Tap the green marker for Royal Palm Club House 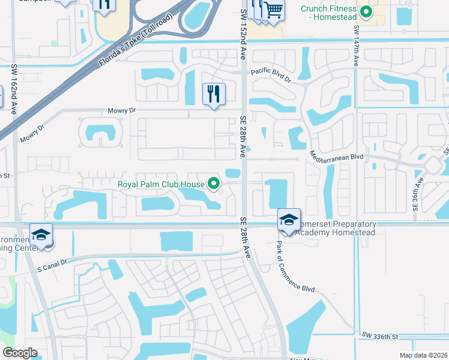point(213,184)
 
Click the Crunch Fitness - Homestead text point(329,13)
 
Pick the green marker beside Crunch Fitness point(365,11)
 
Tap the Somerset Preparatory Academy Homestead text point(336,228)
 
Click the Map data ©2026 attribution point(423,355)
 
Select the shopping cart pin point(273,10)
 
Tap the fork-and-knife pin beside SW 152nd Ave point(214,94)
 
